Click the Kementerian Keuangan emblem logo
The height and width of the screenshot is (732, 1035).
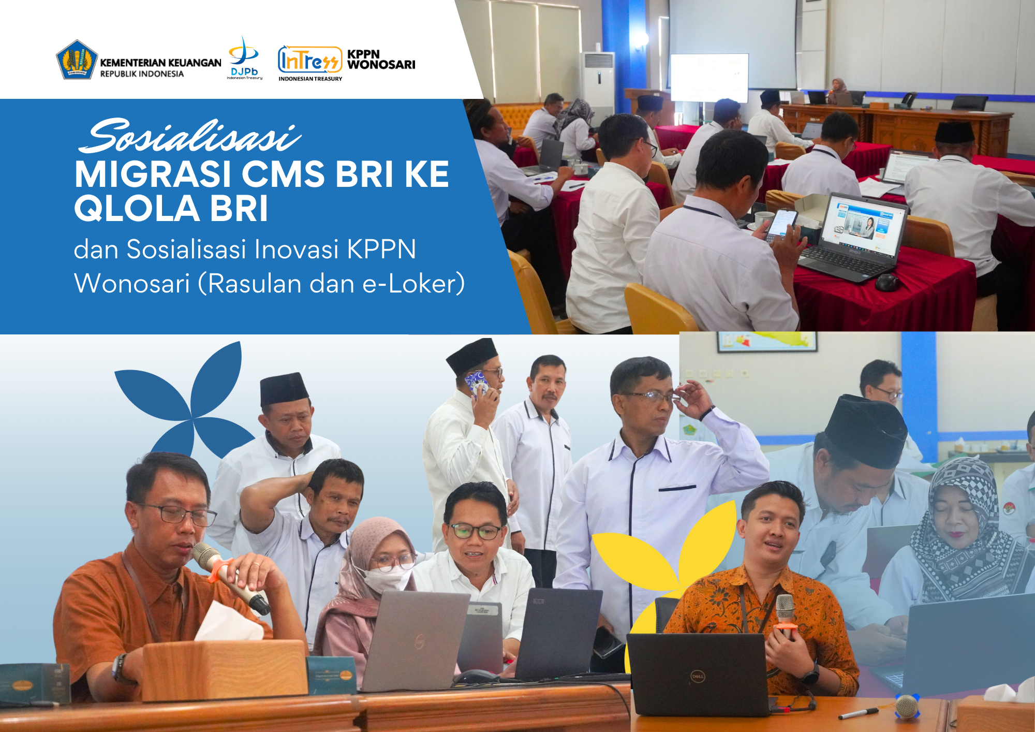click(x=77, y=60)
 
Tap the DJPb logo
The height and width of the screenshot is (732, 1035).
click(x=244, y=57)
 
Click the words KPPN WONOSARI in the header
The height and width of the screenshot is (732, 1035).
click(x=381, y=60)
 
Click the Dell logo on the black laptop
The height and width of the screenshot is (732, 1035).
click(x=698, y=676)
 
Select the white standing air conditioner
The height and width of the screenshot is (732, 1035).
click(x=598, y=85)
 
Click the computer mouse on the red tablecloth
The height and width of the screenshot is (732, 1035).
click(x=886, y=282)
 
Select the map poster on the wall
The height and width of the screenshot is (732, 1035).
click(x=766, y=341)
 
